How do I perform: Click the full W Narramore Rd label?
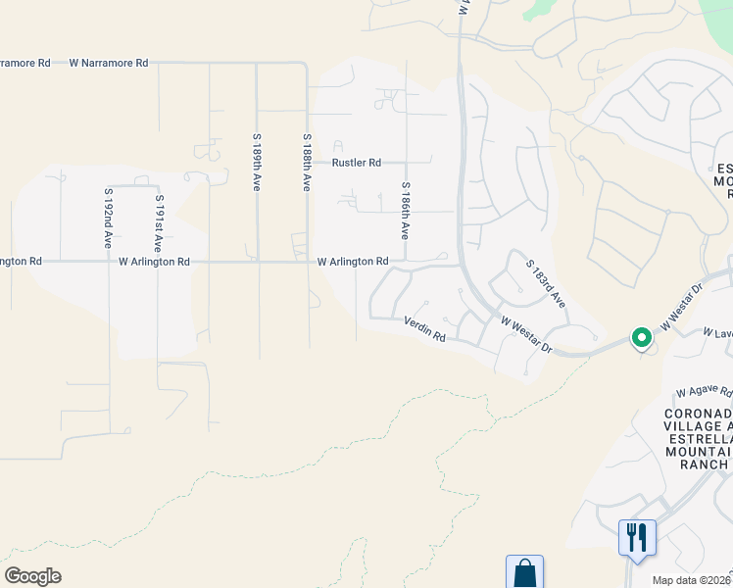[109, 63]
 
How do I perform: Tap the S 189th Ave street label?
[257, 162]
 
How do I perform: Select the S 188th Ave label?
[307, 162]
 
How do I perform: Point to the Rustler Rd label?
[357, 163]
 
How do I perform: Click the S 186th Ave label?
[405, 211]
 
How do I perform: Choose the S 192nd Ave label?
[109, 218]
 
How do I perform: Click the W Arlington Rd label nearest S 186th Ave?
[353, 262]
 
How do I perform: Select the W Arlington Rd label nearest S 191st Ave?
[154, 262]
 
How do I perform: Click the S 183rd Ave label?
[546, 284]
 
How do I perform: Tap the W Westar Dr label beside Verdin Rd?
[527, 334]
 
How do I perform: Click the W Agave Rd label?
[705, 390]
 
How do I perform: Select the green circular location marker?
[642, 338]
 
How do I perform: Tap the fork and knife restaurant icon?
[637, 537]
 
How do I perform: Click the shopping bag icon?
[524, 573]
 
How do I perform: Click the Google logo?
[32, 576]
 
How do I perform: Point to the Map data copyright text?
[692, 580]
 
